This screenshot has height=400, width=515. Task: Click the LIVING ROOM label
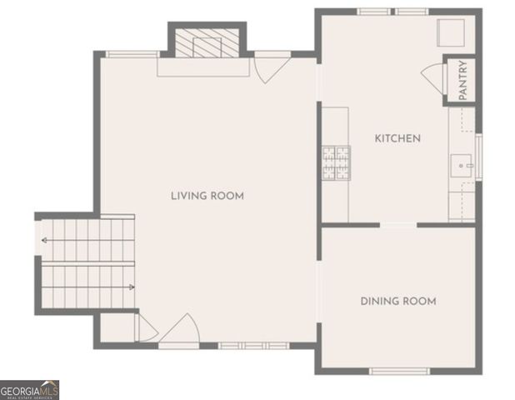click(x=207, y=196)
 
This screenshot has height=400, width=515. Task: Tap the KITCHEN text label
click(x=397, y=138)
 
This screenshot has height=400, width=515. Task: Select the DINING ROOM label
click(x=397, y=301)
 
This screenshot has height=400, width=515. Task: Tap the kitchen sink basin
click(x=462, y=165)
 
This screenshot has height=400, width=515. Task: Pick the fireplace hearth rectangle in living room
click(x=203, y=67)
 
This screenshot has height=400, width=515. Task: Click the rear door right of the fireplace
click(x=272, y=67)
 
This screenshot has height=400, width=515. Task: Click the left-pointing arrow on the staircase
click(x=44, y=242)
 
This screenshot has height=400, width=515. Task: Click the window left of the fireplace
click(x=133, y=54)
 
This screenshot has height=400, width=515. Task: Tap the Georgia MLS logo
click(x=29, y=390)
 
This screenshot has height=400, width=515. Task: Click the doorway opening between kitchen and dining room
click(x=398, y=224)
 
